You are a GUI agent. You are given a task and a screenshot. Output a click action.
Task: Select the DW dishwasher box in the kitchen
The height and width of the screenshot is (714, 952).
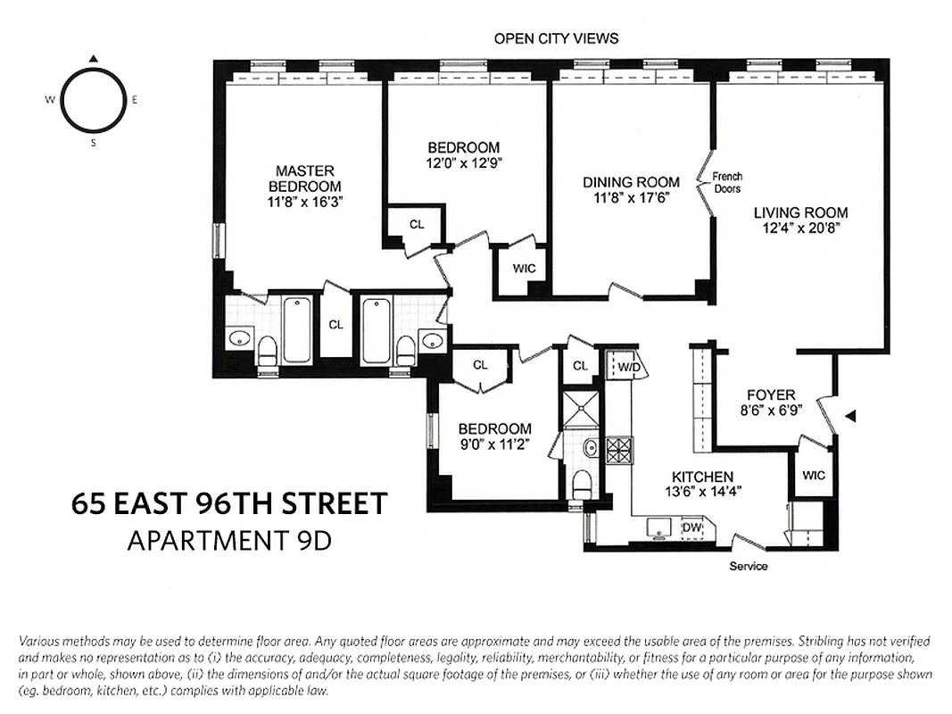tap(692, 527)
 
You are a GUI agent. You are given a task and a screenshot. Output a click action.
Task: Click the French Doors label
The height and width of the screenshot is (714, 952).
tap(728, 182)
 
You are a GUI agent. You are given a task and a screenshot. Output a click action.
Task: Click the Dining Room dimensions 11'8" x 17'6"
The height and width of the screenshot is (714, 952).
tap(631, 198)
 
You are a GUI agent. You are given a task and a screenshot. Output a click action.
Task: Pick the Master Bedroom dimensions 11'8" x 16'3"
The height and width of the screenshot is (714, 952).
tap(304, 202)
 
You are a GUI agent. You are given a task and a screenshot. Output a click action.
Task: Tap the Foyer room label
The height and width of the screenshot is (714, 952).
tap(772, 395)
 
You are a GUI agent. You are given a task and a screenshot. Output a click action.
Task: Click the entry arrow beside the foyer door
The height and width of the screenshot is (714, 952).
tap(850, 415)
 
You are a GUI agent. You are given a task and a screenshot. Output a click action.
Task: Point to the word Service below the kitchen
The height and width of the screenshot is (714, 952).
tap(748, 566)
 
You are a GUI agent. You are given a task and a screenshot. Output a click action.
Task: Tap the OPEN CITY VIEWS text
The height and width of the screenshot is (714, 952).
tap(556, 38)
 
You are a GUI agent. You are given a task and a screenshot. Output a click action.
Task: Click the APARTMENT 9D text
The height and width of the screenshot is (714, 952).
tap(229, 541)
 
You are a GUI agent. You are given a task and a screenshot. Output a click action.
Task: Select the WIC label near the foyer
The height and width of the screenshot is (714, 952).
tap(813, 476)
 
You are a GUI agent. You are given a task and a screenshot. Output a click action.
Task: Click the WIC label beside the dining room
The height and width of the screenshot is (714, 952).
tap(523, 268)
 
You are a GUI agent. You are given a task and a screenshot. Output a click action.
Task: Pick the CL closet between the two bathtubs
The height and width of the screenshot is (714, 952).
tap(335, 325)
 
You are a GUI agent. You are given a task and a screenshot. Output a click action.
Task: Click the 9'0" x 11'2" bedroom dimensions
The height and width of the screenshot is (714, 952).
tap(494, 444)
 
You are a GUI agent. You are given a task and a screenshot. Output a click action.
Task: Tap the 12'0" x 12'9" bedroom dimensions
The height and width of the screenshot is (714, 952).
tap(463, 163)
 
